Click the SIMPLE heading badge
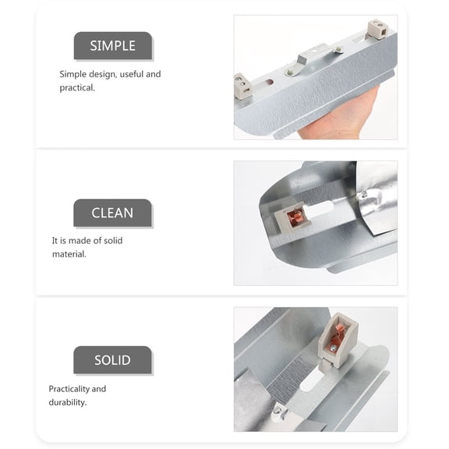(112, 46)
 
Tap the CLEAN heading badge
(112, 213)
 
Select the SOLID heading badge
(112, 360)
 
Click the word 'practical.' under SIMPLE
(77, 88)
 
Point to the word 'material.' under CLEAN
(69, 254)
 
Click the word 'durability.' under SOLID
(68, 402)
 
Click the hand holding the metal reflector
(343, 121)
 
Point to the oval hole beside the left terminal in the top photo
(268, 81)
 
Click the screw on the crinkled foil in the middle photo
(363, 193)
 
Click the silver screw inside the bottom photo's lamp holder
(334, 349)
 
